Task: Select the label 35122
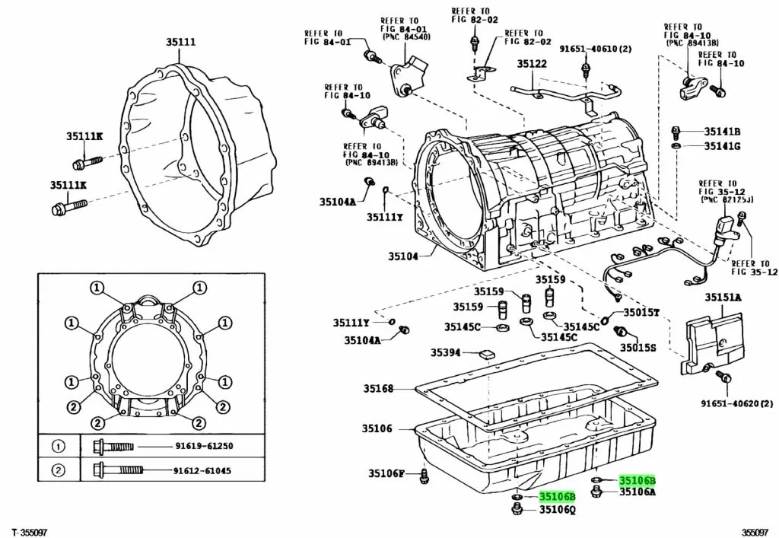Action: (x=533, y=64)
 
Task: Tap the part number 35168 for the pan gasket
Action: (x=377, y=389)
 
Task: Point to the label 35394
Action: (x=446, y=352)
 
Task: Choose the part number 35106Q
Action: (x=558, y=511)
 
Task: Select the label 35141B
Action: (x=722, y=131)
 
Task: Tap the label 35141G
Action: (x=722, y=145)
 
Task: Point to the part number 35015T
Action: (x=641, y=313)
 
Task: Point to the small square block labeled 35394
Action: (x=485, y=352)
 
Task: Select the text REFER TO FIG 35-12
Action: (x=753, y=266)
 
